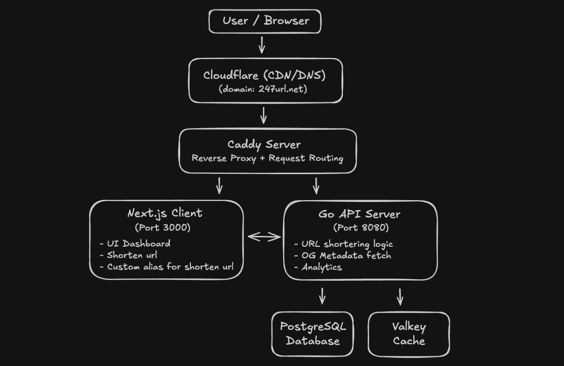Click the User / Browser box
point(265,21)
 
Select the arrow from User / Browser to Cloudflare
point(262,45)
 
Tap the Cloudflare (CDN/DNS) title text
point(264,75)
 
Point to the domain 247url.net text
point(263,89)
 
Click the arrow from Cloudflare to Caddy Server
point(263,116)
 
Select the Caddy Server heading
point(264,145)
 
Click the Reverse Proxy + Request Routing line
point(267,158)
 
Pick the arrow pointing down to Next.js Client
point(219,186)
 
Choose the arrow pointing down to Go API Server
point(316,186)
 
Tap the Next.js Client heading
point(165,213)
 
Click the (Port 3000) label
point(163,227)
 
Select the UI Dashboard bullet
point(135,244)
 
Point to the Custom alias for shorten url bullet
point(167,267)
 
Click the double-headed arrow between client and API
point(264,237)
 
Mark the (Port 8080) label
point(361,227)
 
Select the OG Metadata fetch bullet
point(343,256)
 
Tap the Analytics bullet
point(318,267)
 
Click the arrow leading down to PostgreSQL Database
point(322,296)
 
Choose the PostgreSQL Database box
point(313,334)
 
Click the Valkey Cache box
point(409,334)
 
